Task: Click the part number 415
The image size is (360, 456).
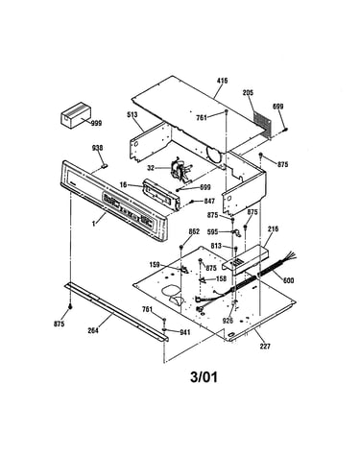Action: [222, 81]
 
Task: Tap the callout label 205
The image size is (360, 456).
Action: [248, 93]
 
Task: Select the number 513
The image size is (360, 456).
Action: [132, 114]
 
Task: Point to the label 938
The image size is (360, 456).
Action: [97, 148]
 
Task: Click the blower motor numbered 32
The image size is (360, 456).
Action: [181, 170]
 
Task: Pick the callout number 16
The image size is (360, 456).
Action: [124, 184]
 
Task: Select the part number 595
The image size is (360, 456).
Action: [213, 231]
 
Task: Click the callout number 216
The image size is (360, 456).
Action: [273, 229]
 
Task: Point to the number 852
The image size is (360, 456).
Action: [194, 231]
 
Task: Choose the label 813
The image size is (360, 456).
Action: [216, 246]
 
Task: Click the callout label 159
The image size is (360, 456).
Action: [156, 265]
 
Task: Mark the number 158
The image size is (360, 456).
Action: [221, 278]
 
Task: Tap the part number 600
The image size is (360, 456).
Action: [288, 280]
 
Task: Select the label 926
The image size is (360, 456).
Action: [228, 321]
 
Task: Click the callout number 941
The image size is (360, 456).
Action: [184, 332]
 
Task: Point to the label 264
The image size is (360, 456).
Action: [93, 331]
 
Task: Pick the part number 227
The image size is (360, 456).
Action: [265, 346]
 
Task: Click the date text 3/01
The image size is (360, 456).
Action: [204, 377]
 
